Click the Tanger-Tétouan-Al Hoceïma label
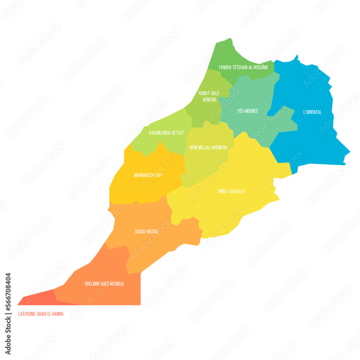click(x=243, y=67)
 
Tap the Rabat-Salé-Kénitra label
click(x=210, y=96)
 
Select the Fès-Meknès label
click(x=248, y=111)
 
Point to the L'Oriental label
click(x=312, y=112)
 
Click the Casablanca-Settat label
click(x=166, y=133)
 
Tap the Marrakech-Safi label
click(x=148, y=175)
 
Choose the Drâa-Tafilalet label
click(x=231, y=191)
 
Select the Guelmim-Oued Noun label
click(x=104, y=284)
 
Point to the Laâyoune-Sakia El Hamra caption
click(x=41, y=314)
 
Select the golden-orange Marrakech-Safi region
click(x=144, y=187)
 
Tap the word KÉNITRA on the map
click(x=210, y=100)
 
